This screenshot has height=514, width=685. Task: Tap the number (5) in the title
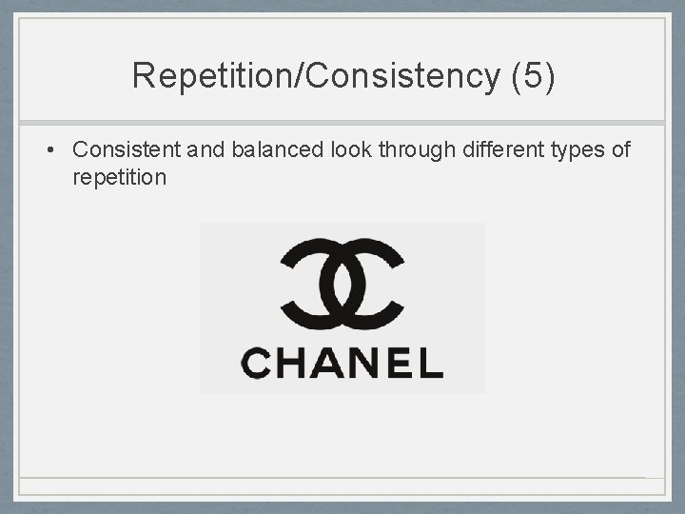(532, 75)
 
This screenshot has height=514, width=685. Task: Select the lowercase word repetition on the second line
(119, 177)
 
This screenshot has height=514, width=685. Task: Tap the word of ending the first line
(619, 149)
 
